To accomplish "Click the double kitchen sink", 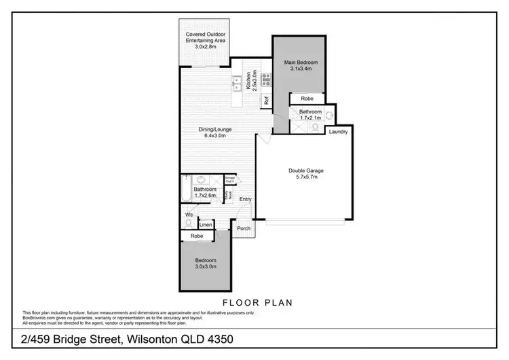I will point(239,85).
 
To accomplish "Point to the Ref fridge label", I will point(267,103).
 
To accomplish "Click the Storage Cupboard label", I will point(230,181).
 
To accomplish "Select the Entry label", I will point(245,199).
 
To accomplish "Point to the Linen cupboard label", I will point(206,224).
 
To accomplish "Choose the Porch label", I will point(243,228).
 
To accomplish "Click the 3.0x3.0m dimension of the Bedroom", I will point(206,267).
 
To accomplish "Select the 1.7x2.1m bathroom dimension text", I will point(310,117).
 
